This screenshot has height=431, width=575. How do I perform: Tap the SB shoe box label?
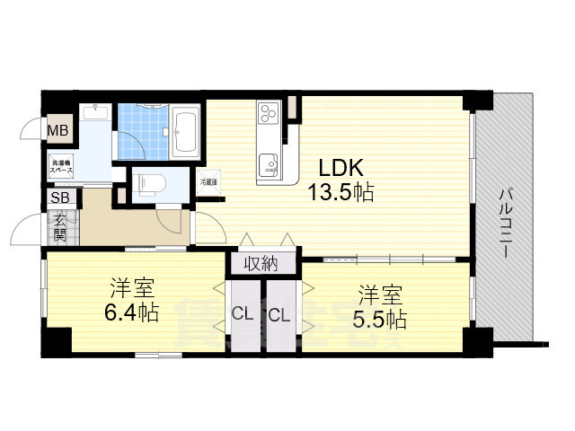click(60, 198)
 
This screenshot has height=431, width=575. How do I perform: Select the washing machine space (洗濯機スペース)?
click(61, 167)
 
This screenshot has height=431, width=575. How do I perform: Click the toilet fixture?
click(148, 183)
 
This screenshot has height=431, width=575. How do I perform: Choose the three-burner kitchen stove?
click(270, 112)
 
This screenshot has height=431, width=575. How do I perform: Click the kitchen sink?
click(270, 165)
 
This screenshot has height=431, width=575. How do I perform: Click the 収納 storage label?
click(260, 263)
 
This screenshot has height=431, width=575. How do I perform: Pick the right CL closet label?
click(279, 314)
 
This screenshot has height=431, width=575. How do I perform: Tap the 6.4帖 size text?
click(132, 313)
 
